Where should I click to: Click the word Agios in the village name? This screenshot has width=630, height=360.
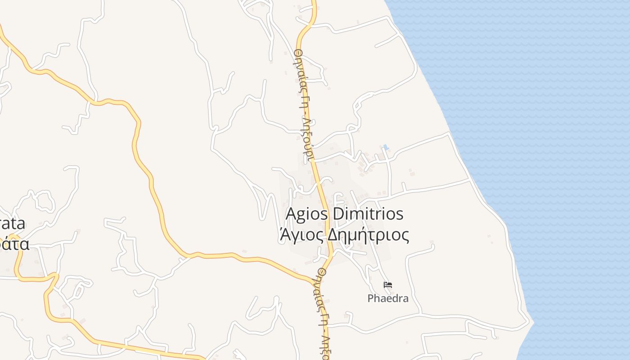[307, 214]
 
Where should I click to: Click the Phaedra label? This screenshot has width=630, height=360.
[388, 298]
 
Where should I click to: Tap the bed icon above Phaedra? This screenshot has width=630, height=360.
[388, 285]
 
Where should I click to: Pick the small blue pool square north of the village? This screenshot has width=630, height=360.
[386, 147]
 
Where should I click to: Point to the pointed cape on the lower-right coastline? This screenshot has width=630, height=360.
[533, 322]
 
